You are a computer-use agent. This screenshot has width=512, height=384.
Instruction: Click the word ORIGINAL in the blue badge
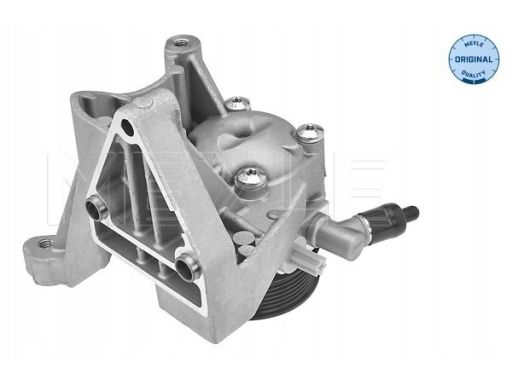473,60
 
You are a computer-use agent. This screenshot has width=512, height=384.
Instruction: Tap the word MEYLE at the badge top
474,44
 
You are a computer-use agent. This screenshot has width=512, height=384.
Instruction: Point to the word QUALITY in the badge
473,74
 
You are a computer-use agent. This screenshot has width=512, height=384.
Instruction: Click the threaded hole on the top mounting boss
181,43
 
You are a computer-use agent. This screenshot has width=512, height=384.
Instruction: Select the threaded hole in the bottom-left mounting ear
44,243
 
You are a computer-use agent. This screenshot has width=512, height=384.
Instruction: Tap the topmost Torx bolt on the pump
237,103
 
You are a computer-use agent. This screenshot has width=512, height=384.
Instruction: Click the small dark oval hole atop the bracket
127,127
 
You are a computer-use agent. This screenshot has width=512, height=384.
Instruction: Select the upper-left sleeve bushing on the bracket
95,207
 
